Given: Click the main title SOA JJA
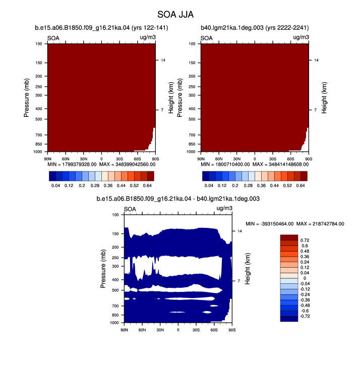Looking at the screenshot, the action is tap(175, 15).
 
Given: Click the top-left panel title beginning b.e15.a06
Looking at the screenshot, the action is tap(101, 28).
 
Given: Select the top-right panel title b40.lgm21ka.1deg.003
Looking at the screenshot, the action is tap(255, 28).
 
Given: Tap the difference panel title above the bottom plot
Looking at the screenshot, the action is tap(178, 199).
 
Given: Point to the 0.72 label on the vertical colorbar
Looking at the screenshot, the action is tap(305, 240).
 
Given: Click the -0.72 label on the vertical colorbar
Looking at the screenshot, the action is tap(305, 316).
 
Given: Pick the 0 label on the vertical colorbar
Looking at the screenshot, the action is tap(305, 278).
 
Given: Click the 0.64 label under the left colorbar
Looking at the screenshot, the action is tap(147, 186).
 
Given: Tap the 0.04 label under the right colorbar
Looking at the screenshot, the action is tap(209, 186).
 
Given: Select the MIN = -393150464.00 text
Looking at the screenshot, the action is tap(269, 224).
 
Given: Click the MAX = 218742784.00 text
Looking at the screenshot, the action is tap(320, 224).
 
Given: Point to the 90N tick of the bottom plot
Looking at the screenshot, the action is tap(124, 330).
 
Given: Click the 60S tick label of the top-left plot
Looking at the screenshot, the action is tap(137, 159).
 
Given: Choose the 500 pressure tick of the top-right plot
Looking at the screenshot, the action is tap(192, 119).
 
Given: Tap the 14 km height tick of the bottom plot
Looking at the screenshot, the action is tap(239, 231).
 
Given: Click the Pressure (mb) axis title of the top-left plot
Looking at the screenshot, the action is tap(26, 98).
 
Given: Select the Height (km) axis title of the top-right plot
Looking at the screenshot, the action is tap(324, 98).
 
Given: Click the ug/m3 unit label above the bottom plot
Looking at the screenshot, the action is tap(224, 208).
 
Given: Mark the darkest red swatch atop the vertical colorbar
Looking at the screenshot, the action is tap(289, 237).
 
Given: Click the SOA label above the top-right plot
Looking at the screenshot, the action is tap(206, 38).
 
